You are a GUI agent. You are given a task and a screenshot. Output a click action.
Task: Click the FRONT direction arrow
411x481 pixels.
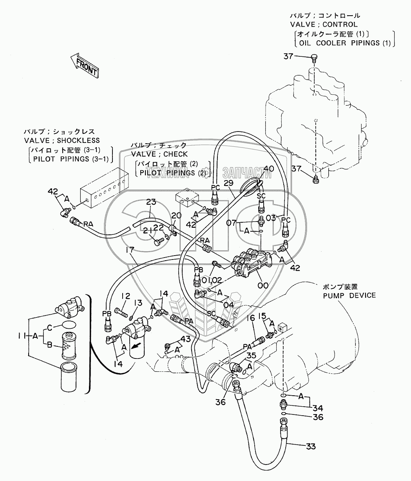click(x=85, y=65)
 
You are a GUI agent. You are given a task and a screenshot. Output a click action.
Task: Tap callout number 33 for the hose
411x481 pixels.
click(x=311, y=446)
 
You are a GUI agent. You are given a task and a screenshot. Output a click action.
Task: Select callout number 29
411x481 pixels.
click(x=229, y=183)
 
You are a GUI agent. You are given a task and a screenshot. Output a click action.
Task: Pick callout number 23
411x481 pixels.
click(x=151, y=202)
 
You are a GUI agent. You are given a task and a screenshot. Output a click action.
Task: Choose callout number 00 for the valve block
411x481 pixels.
click(x=263, y=286)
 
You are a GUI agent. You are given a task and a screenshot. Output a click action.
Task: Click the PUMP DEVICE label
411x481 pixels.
click(x=349, y=295)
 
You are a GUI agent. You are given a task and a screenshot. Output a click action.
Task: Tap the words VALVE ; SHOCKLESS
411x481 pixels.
click(x=62, y=140)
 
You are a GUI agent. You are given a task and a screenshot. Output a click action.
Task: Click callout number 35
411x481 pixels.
click(x=252, y=355)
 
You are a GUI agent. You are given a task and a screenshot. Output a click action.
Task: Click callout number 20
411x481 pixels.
click(x=176, y=215)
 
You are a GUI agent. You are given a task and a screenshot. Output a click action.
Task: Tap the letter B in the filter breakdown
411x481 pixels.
click(x=50, y=344)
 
